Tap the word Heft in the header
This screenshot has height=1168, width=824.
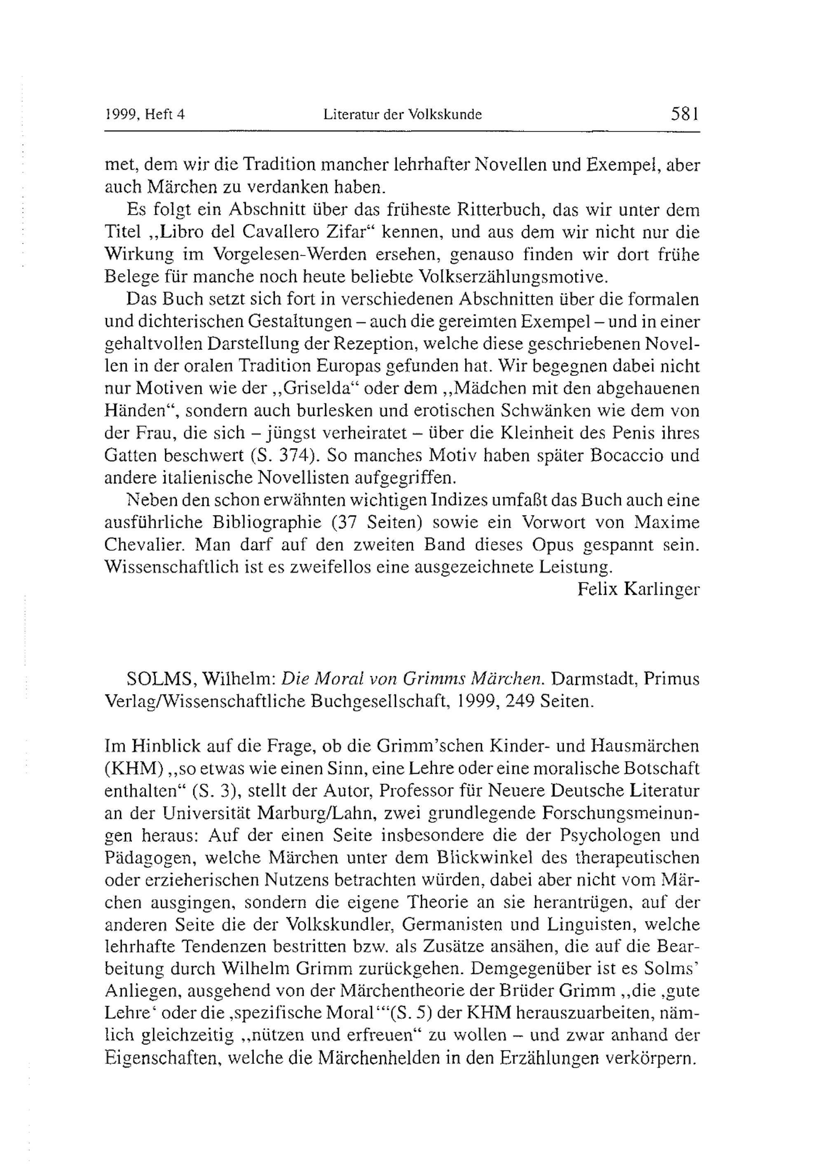pos(158,115)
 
